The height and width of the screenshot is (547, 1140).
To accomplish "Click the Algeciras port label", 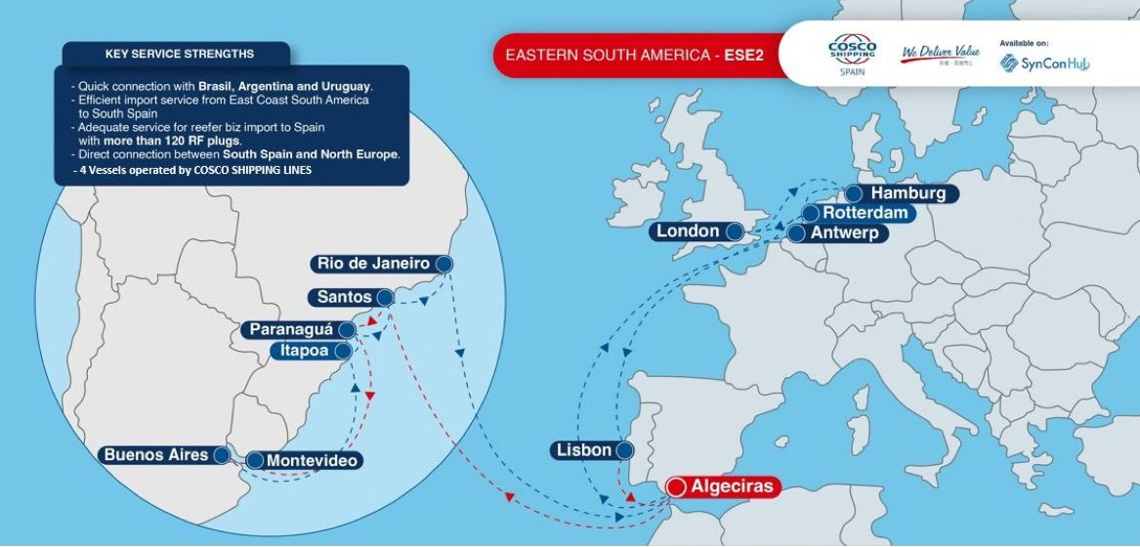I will [732, 486].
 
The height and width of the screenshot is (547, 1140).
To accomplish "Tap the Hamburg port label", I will [908, 193].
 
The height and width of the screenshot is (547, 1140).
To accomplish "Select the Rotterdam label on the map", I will [867, 213].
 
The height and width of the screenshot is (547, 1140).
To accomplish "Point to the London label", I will [688, 231].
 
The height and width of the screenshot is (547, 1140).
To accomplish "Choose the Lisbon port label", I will [584, 450].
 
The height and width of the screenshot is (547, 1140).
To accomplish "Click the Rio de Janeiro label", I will [373, 264].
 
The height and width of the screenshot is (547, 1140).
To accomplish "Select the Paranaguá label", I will [291, 330].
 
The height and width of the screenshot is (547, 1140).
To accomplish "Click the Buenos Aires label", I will [156, 455].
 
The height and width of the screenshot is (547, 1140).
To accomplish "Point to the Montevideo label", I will [312, 460].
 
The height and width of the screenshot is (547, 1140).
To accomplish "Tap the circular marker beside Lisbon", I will [624, 450].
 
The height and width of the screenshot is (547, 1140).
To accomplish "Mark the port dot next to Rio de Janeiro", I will [444, 264].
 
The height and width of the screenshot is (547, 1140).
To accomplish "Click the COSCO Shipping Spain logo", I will [851, 55].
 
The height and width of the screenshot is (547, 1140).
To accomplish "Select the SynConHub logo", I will [1044, 63].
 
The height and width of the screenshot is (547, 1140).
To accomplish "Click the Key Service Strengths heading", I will [179, 54].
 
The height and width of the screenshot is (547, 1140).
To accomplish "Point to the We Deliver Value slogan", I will [939, 53].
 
